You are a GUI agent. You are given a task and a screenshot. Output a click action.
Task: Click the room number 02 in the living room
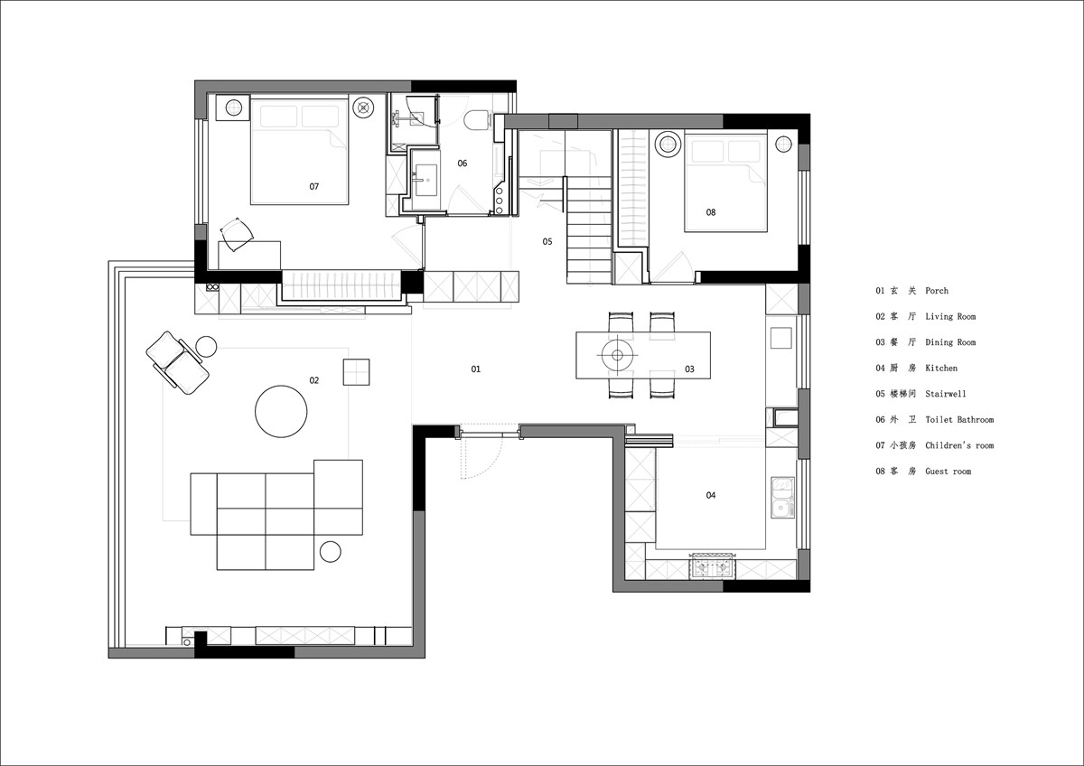coord(314,380)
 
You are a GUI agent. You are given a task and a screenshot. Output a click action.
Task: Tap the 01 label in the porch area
coord(476,369)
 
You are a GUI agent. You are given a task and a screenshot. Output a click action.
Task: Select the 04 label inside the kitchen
coord(710,495)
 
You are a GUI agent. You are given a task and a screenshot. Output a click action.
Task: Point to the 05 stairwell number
coord(547,241)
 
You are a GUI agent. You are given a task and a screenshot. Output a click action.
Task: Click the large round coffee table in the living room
coord(281,411)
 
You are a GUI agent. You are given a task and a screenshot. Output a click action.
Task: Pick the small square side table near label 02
coord(356,372)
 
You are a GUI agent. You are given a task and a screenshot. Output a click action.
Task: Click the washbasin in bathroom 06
coord(425,180)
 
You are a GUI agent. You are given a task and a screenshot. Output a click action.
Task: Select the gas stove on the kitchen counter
coord(714,566)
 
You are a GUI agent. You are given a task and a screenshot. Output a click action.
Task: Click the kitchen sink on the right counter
coord(782,498)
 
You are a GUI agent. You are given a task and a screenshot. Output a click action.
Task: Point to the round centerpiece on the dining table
coord(617,355)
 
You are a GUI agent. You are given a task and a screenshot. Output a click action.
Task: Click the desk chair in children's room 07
coord(237,234)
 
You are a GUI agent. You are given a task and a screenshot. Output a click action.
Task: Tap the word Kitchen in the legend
coord(941,369)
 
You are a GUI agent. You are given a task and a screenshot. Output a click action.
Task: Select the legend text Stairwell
coord(946,394)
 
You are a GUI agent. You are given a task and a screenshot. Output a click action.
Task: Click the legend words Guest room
coord(948,472)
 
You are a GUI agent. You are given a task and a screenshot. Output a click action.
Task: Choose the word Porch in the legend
coord(937,291)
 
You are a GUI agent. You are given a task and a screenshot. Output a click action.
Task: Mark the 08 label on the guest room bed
coord(710,212)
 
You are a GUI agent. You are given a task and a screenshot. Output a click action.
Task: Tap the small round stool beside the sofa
coord(331,552)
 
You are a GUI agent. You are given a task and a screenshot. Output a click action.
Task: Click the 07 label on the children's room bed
coord(314,186)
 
